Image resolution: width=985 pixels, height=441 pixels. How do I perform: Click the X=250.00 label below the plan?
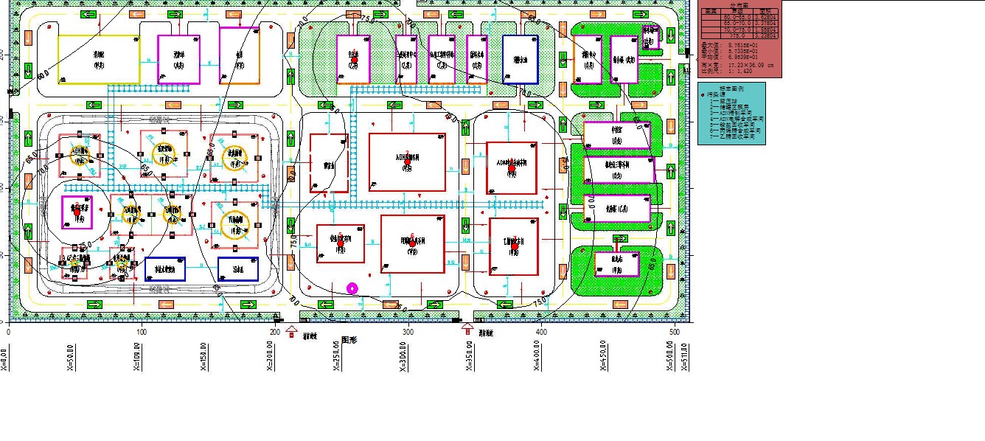point(338,358)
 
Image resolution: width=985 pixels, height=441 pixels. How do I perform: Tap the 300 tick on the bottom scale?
point(408,333)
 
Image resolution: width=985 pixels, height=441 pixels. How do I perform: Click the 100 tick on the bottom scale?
point(142,333)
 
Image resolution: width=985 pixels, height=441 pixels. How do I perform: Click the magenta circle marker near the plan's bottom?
point(352,288)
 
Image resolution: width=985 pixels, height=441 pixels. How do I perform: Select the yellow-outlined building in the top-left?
point(99,59)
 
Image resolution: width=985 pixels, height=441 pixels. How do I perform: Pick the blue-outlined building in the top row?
point(521,59)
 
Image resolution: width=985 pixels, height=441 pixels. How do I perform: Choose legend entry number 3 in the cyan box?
point(737,113)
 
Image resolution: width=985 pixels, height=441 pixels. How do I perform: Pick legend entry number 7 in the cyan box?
point(737,136)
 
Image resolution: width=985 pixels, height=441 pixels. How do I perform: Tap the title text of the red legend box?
point(739,5)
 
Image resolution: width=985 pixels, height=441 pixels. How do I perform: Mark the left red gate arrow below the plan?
point(291,330)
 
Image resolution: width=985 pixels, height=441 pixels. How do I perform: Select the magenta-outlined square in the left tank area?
point(77,212)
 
